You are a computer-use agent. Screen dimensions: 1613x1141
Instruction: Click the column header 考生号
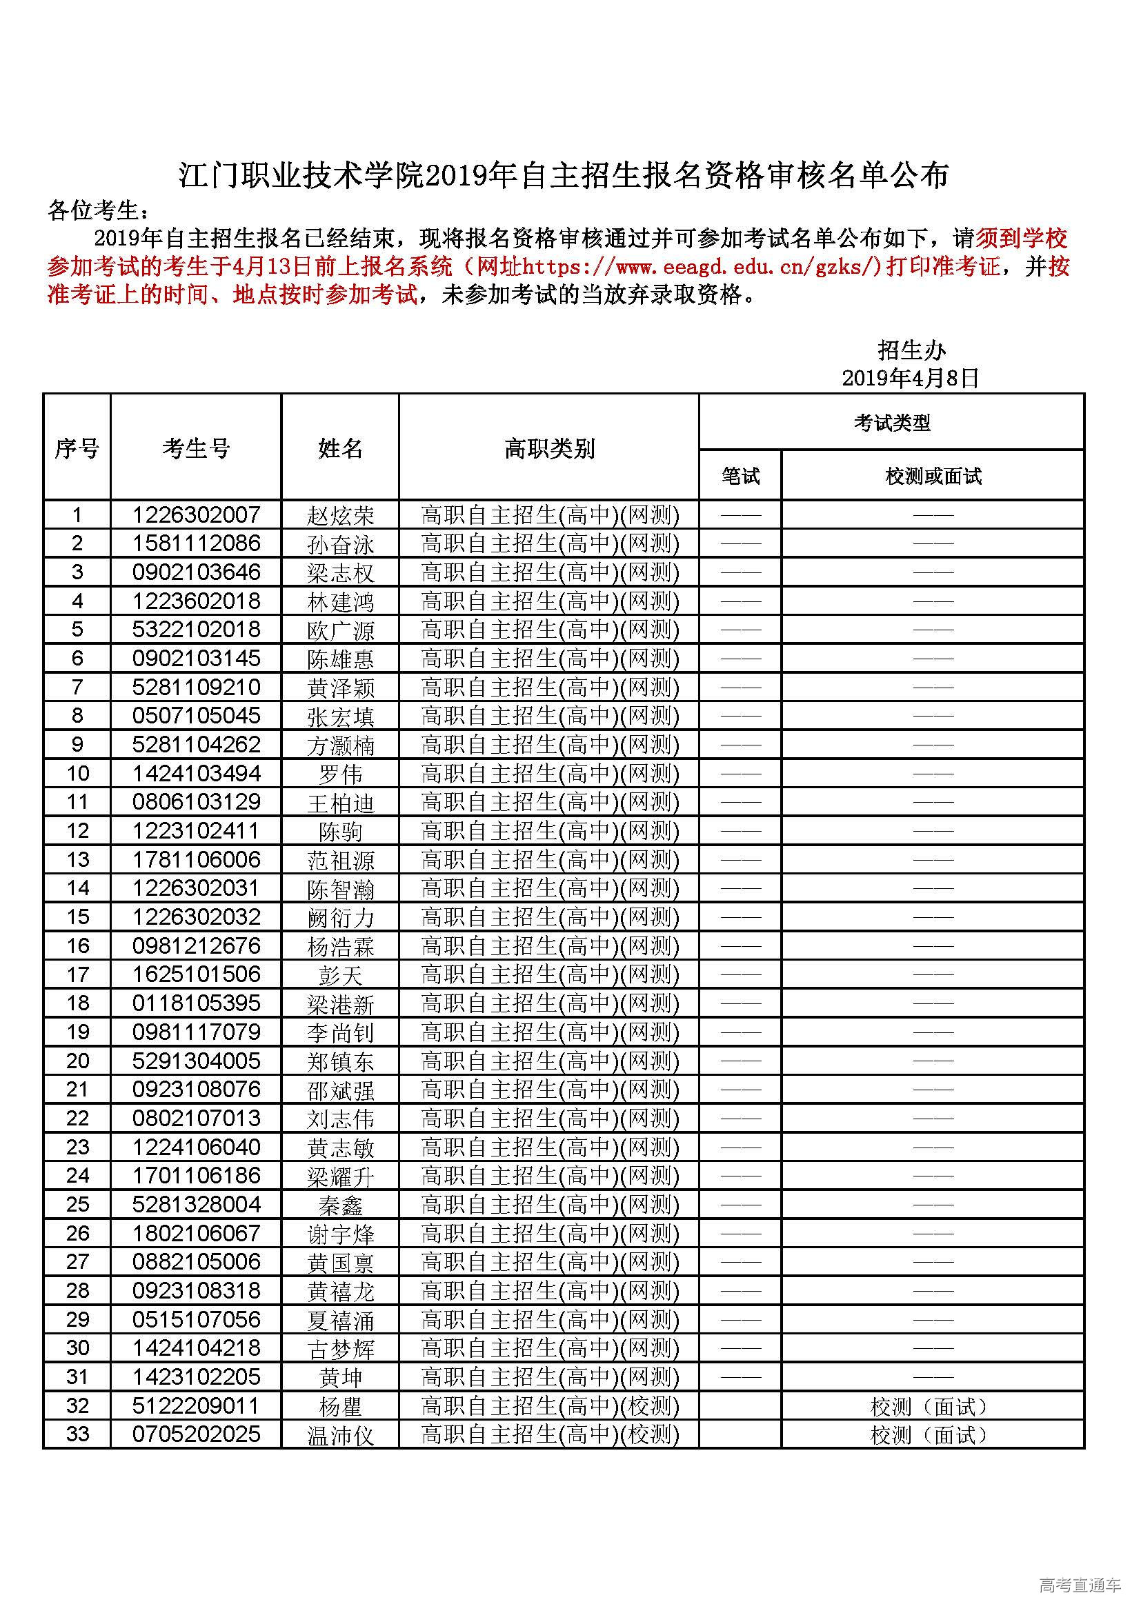[x=196, y=448]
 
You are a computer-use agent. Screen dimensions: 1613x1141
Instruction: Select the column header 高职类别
[x=548, y=448]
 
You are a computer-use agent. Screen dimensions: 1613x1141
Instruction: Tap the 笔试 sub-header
[x=740, y=477]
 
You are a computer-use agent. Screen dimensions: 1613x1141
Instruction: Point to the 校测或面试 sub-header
[x=933, y=477]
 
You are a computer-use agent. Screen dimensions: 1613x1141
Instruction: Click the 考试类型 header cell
[x=891, y=422]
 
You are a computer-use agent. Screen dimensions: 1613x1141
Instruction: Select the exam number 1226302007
[x=196, y=515]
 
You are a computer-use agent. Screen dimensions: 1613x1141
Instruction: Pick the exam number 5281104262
[x=196, y=745]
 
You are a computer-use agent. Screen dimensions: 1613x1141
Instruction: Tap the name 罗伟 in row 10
[x=341, y=774]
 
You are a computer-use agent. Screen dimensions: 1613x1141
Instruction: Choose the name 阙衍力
[x=341, y=917]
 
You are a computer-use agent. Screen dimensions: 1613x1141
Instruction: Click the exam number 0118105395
[x=196, y=1003]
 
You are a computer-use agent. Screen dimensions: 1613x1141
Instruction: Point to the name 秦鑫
[x=341, y=1205]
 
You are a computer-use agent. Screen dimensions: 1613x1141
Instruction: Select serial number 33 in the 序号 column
[x=77, y=1434]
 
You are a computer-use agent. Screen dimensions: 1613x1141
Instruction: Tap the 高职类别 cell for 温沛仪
[x=550, y=1434]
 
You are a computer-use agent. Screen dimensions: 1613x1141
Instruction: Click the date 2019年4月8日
[x=911, y=378]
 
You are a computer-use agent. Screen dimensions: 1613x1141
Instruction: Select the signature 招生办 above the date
[x=911, y=350]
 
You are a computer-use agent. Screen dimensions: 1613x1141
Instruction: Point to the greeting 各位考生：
[x=99, y=210]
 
